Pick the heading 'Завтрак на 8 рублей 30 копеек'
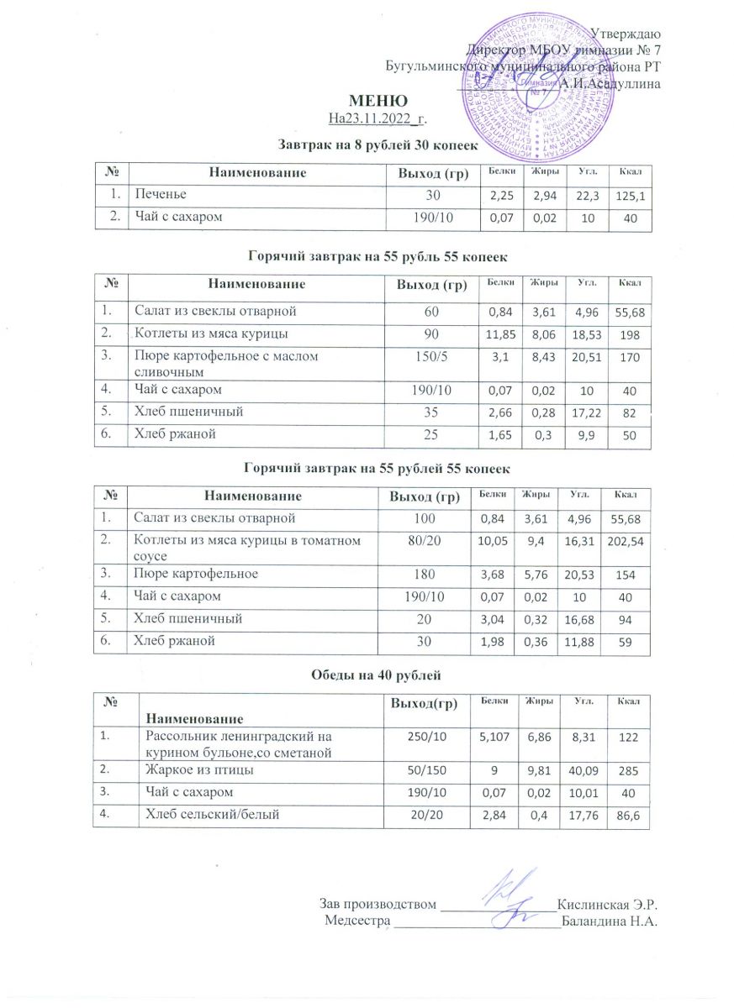(x=378, y=145)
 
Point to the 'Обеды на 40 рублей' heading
(x=376, y=675)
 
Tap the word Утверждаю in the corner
(x=626, y=34)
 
